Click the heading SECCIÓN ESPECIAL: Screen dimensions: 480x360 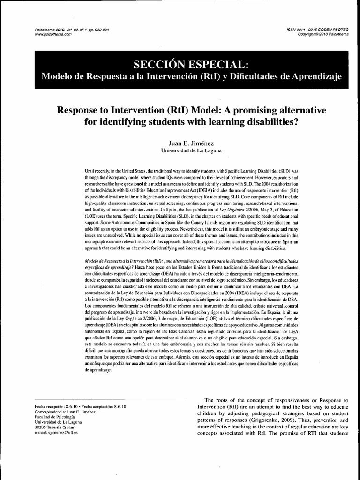pos(180,64)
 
